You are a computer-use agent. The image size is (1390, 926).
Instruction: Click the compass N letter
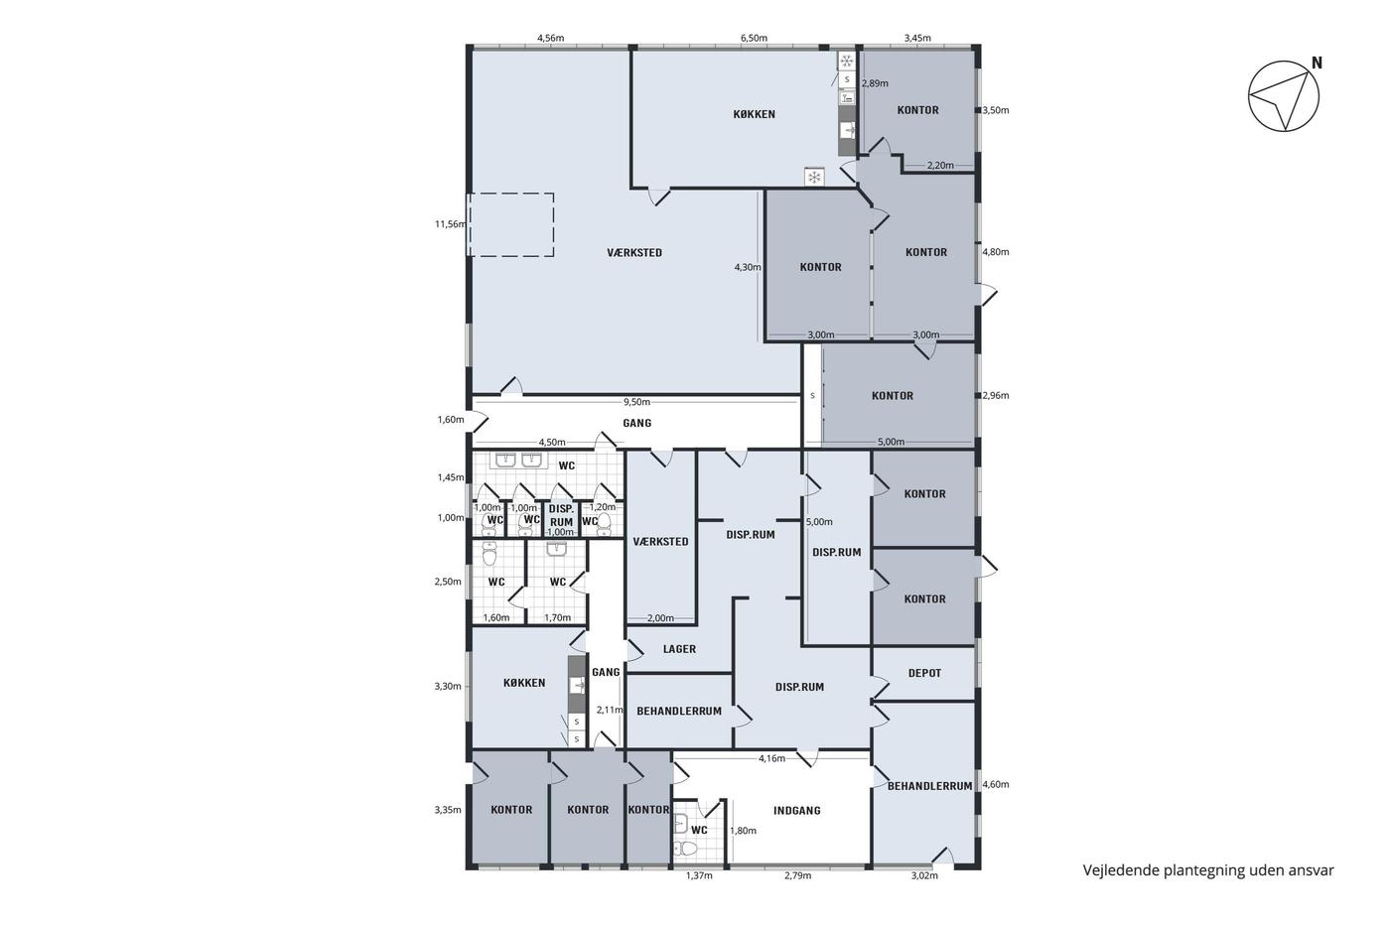[x=1317, y=64]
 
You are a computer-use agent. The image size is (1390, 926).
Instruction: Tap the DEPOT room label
[x=924, y=673]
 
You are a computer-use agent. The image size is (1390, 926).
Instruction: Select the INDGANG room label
[x=796, y=810]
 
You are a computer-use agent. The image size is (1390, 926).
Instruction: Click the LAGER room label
[x=679, y=649]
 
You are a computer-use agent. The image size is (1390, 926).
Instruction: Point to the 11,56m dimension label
[x=450, y=224]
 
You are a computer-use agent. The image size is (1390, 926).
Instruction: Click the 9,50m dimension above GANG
[x=636, y=402]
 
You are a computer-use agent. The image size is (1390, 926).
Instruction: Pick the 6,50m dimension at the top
[x=754, y=38]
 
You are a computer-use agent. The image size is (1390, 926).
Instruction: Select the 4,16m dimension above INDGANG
[x=772, y=758]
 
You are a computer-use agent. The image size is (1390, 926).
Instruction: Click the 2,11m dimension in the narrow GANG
[x=610, y=710]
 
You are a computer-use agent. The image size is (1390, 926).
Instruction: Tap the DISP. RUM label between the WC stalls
[x=562, y=515]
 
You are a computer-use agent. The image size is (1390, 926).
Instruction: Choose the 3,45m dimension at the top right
[x=917, y=38]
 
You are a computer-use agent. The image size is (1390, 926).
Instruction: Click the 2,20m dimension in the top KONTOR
[x=940, y=165]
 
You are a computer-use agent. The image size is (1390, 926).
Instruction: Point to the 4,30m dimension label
[x=748, y=267]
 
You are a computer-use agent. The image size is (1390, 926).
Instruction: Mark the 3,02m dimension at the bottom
[x=924, y=875]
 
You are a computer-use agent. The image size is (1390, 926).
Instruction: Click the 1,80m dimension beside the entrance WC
[x=743, y=831]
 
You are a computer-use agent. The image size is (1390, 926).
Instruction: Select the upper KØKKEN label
[x=754, y=114]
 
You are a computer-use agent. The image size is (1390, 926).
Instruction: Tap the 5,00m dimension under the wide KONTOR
[x=891, y=442]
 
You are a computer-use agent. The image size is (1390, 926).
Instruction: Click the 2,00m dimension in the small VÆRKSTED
[x=660, y=617]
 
